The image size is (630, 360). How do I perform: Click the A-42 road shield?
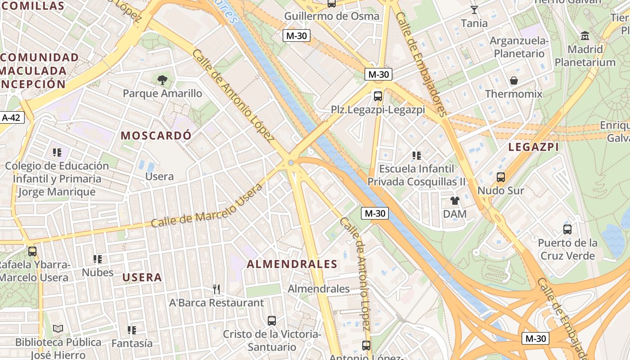[12, 117]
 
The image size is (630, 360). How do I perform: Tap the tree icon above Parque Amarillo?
[162, 80]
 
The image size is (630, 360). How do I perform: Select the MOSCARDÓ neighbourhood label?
[156, 135]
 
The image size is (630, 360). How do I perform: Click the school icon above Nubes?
[97, 259]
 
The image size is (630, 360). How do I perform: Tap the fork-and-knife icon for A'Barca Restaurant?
[216, 289]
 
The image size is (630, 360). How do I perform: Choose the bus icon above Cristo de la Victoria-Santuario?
[271, 321]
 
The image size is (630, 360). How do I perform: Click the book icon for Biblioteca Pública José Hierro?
[58, 329]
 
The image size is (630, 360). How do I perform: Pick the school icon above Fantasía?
[131, 330]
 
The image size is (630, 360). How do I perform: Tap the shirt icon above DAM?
[454, 201]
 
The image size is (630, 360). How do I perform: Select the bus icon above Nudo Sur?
[500, 177]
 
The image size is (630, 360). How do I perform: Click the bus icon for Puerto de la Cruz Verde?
[567, 229]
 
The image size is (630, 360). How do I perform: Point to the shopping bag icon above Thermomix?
[513, 81]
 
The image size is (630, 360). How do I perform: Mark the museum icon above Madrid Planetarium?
[585, 36]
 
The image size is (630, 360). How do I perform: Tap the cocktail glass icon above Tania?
[474, 10]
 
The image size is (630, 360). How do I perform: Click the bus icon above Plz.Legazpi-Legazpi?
[378, 96]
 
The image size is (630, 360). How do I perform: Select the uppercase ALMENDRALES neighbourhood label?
[292, 264]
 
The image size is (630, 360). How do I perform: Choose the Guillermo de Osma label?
[332, 16]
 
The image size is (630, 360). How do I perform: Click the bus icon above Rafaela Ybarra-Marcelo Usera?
[32, 252]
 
